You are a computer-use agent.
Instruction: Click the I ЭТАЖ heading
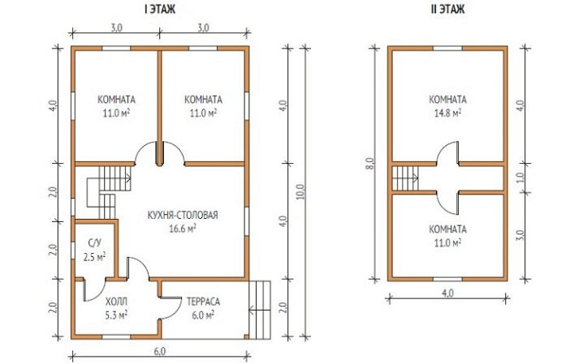click(x=160, y=9)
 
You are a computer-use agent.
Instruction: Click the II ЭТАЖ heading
click(x=447, y=9)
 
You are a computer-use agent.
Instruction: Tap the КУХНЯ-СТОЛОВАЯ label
click(x=183, y=215)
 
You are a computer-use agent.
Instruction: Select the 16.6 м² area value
click(x=183, y=229)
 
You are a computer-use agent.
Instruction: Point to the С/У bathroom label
click(x=94, y=243)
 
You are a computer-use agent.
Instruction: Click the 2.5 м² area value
click(x=94, y=257)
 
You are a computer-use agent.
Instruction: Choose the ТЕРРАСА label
click(x=203, y=302)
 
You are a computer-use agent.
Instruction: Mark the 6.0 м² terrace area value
click(x=203, y=315)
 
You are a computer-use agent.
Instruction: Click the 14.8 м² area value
click(x=447, y=113)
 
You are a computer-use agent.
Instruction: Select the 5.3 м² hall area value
click(x=116, y=315)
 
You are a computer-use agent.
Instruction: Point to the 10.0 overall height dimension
click(x=300, y=192)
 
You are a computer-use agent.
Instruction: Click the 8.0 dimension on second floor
click(x=370, y=163)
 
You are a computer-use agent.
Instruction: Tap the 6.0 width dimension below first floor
click(x=159, y=351)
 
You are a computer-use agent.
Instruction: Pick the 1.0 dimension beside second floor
click(x=520, y=178)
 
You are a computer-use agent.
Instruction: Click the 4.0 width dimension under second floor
click(x=447, y=293)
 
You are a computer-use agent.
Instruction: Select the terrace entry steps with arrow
click(x=260, y=310)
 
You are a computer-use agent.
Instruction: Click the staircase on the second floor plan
click(x=406, y=178)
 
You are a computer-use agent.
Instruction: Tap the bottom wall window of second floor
click(x=447, y=279)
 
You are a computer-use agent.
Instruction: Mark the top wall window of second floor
click(x=447, y=49)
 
